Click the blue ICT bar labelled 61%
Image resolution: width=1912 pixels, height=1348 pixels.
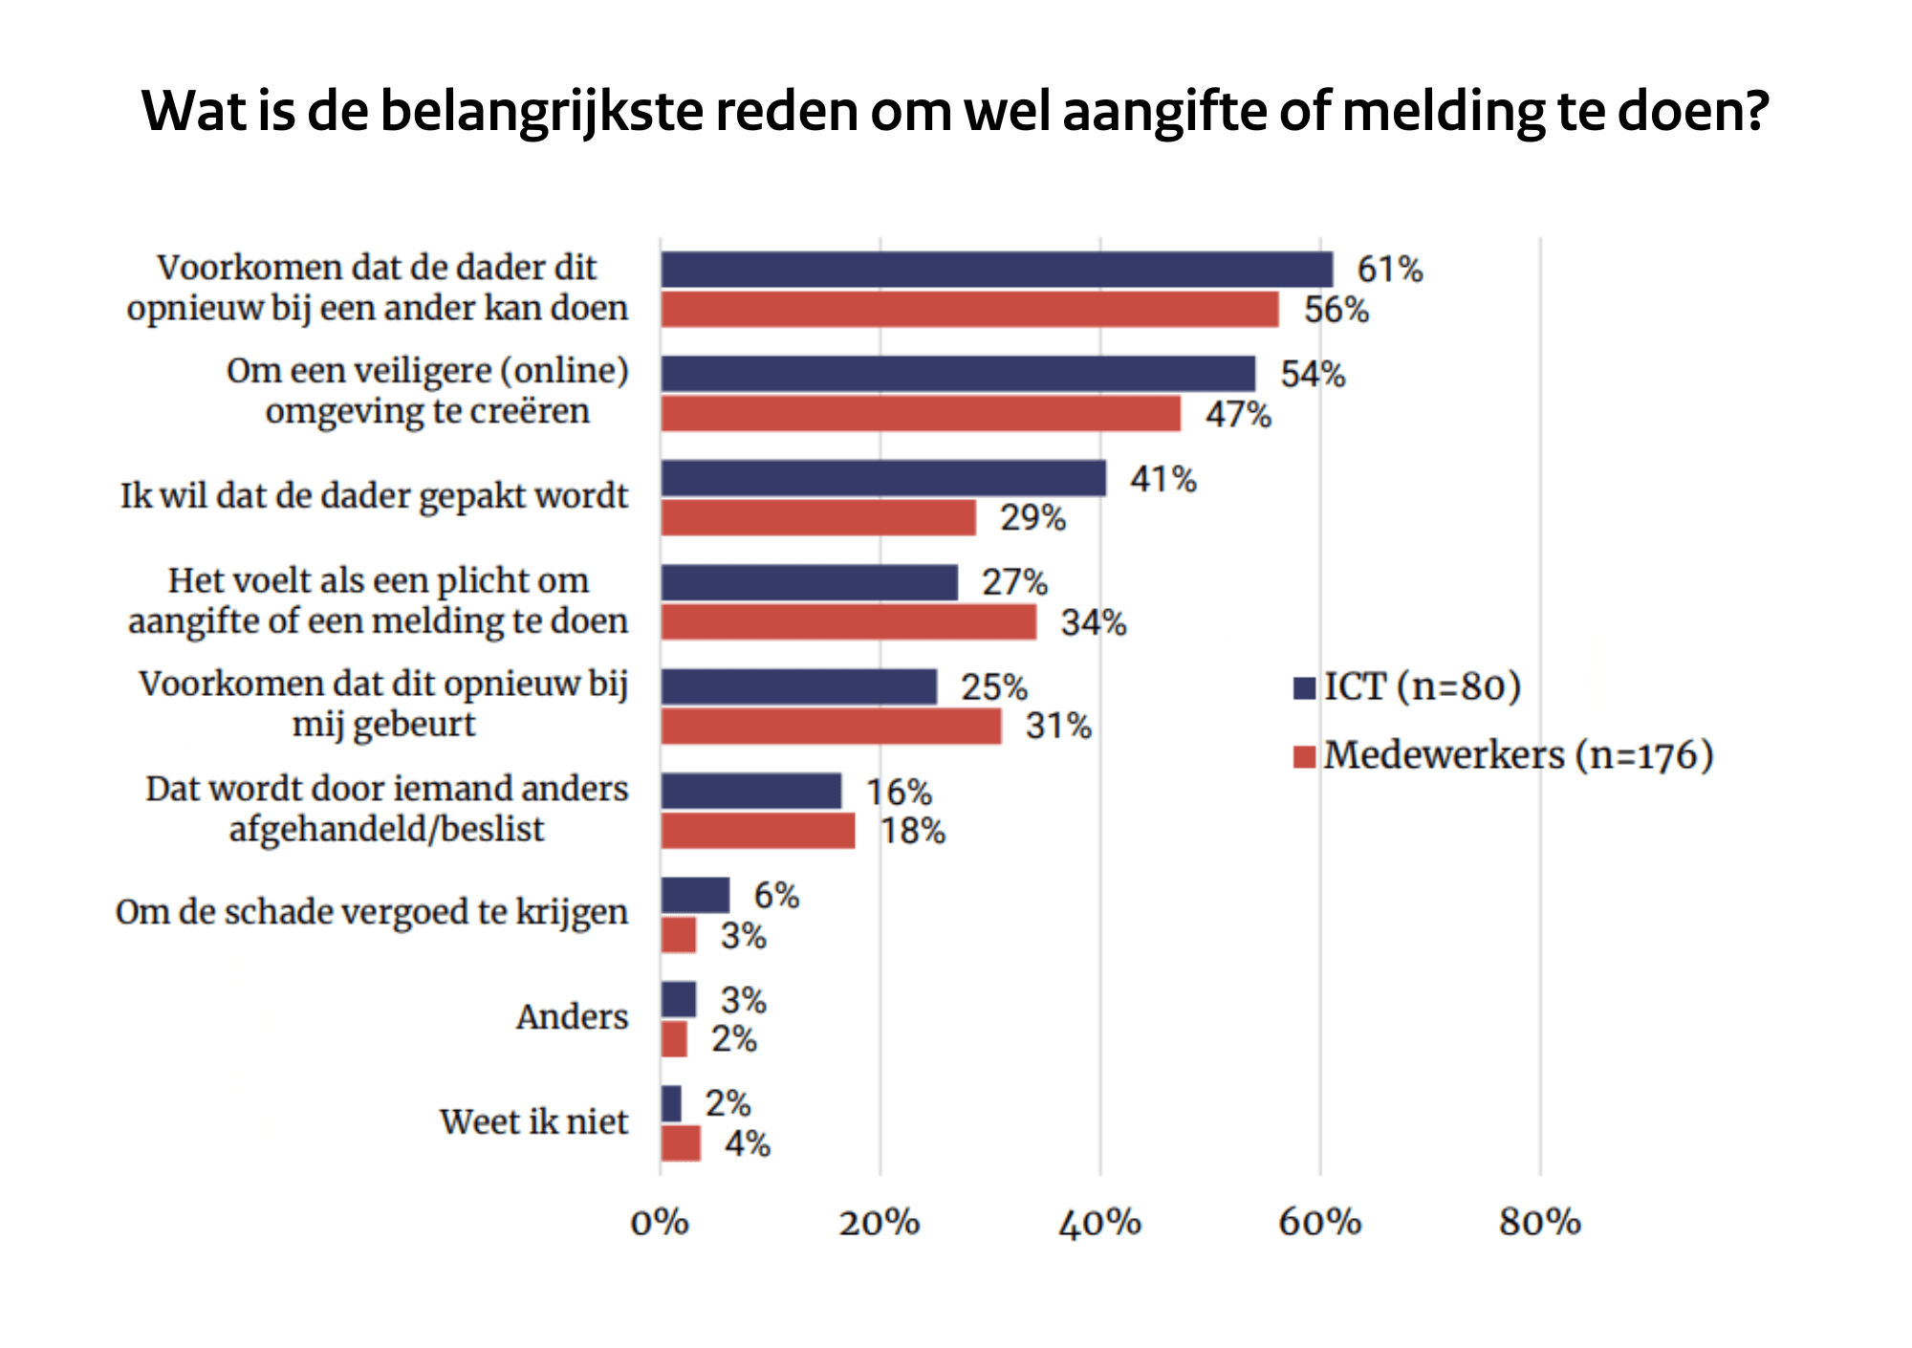996,270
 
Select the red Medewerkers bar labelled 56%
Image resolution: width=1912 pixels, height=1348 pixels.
969,310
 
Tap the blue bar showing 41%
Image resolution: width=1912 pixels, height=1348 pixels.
883,478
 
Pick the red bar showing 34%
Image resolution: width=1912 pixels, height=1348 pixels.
849,622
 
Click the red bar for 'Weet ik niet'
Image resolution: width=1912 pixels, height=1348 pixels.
681,1143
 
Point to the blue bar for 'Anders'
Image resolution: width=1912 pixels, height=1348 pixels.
679,1000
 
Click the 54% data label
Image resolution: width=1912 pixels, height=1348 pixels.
1313,374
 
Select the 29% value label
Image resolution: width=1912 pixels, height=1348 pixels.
1032,518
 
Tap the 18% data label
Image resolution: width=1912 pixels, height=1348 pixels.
913,832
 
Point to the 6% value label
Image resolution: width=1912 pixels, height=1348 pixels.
776,896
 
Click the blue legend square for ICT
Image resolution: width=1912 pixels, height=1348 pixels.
1305,688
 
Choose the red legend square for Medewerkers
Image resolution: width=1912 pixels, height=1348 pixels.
1305,757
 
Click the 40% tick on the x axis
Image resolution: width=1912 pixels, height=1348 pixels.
1099,1223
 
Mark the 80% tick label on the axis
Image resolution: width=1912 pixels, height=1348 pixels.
1539,1223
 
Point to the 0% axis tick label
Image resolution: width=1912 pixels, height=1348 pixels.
660,1223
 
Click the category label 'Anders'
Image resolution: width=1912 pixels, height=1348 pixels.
572,1016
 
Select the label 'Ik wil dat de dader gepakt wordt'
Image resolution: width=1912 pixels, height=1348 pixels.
374,496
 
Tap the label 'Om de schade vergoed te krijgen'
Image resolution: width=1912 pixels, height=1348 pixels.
372,912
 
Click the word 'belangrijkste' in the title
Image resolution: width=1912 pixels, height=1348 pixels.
544,112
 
